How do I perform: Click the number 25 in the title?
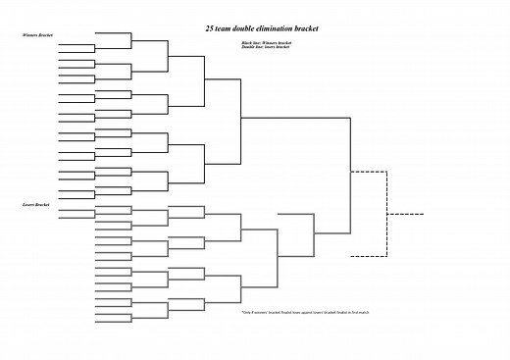(211, 28)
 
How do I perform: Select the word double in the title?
(250, 28)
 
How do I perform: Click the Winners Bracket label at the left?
(37, 35)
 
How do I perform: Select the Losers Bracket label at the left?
(35, 205)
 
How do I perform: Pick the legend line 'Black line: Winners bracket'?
(266, 43)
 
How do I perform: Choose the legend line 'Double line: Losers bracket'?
(265, 47)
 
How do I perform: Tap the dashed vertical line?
(387, 214)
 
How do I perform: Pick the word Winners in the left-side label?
(29, 35)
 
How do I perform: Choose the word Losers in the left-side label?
(28, 205)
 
